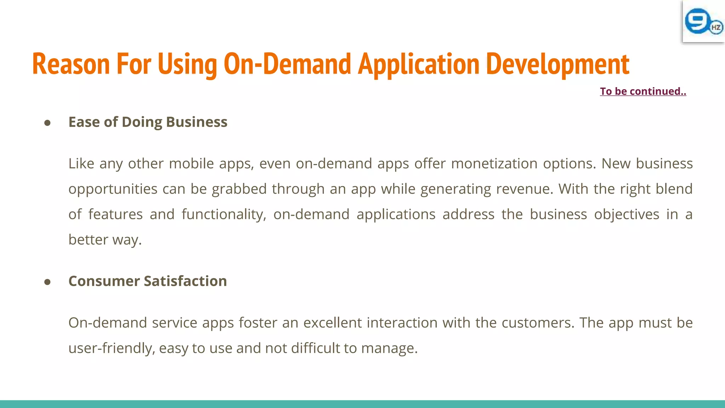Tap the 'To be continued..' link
[643, 91]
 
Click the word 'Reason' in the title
[71, 64]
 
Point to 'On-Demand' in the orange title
[287, 64]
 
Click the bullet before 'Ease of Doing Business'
[47, 123]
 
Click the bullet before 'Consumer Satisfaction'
[47, 282]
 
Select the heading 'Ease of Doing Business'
[148, 122]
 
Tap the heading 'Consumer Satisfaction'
[147, 281]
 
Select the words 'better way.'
[105, 240]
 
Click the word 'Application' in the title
[418, 64]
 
